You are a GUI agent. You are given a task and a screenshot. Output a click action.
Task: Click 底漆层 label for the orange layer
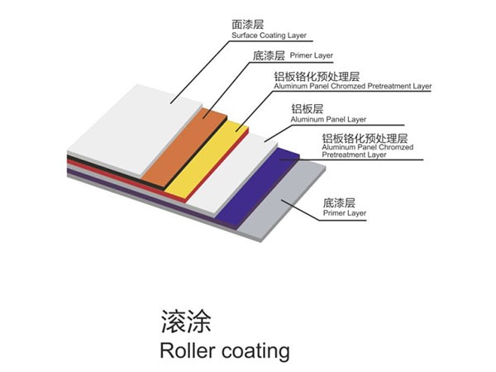(x=267, y=56)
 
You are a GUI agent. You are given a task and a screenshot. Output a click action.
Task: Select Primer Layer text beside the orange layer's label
(x=312, y=57)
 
